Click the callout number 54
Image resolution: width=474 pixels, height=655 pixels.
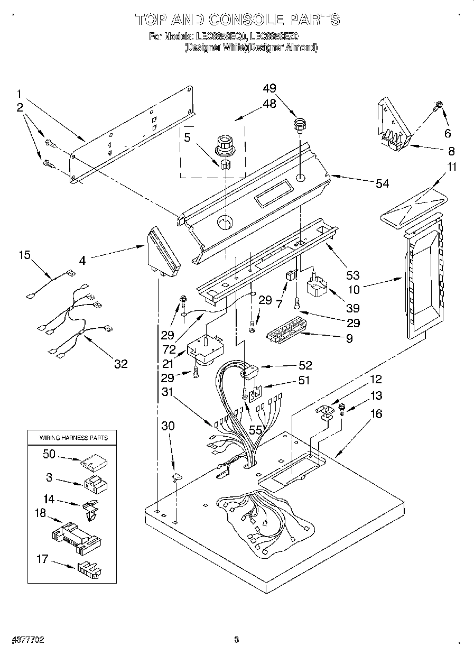[382, 183]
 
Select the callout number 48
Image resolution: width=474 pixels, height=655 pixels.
[269, 104]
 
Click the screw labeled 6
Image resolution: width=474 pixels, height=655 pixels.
[438, 106]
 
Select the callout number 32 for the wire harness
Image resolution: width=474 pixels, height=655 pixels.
[121, 364]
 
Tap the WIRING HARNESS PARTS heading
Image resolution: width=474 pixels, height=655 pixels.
[73, 438]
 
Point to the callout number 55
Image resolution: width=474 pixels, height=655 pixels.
[256, 431]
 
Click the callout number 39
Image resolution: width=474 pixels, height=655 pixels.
[352, 308]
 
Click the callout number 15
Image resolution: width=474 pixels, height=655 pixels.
[25, 255]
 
